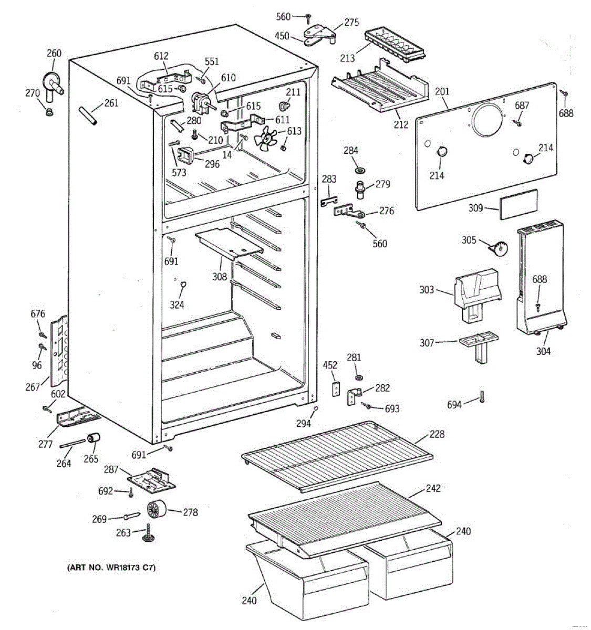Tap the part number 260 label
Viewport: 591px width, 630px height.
[54, 53]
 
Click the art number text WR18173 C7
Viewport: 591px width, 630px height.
[111, 568]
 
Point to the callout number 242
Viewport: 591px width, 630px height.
[433, 488]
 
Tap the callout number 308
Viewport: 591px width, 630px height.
[220, 276]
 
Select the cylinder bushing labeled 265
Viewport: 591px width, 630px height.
[94, 437]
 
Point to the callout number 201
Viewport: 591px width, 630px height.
[442, 92]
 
